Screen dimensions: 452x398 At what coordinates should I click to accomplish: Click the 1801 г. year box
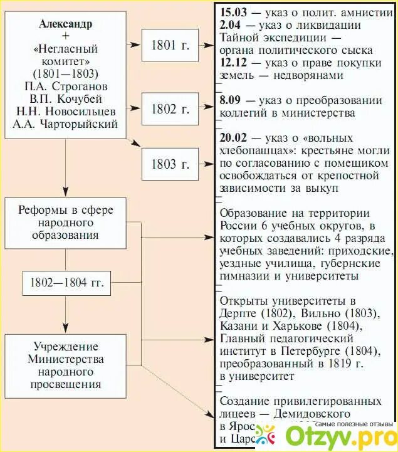coord(170,46)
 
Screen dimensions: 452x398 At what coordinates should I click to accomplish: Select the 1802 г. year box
coord(170,109)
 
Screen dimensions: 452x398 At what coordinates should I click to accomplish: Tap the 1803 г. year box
coord(170,165)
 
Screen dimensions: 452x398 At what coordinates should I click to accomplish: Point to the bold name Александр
coord(65,24)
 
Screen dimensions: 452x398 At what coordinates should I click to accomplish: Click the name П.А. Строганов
coord(65,86)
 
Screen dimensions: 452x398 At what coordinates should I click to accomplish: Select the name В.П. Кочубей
coord(65,98)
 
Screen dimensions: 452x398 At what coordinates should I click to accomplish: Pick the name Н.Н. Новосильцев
coord(65,111)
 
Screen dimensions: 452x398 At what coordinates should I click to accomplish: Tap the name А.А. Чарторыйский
coord(65,124)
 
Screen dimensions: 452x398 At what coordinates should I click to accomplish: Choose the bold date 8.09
coord(230,100)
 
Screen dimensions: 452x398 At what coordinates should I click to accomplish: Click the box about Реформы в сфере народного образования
coord(66,223)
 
